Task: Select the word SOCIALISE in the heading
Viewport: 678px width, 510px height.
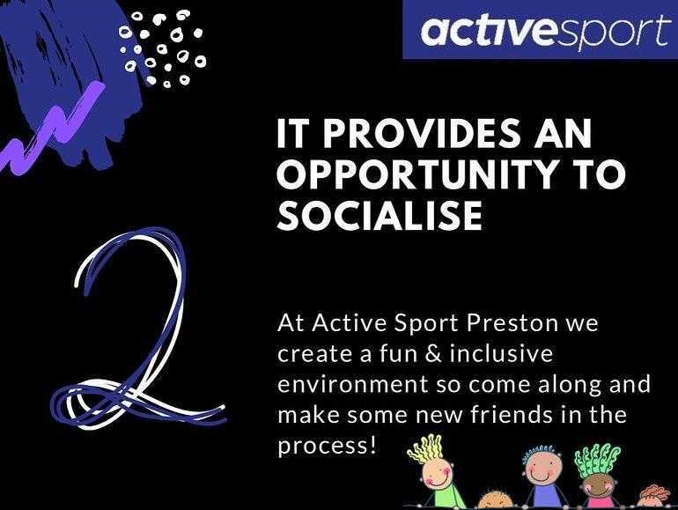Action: point(380,215)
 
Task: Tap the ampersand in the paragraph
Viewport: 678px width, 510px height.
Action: point(432,353)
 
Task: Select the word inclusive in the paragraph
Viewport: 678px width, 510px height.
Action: point(501,353)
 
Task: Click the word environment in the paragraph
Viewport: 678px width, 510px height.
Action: point(352,385)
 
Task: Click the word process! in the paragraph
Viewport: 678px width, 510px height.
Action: point(327,447)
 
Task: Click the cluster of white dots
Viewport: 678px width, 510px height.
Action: point(162,48)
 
